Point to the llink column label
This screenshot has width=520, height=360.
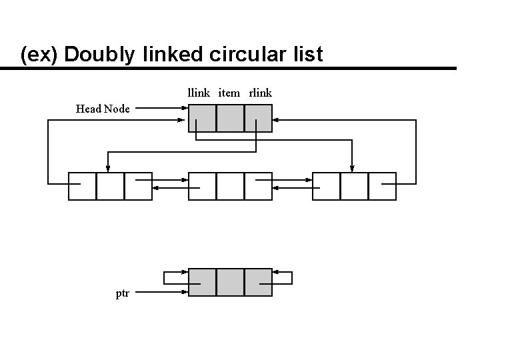click(x=199, y=93)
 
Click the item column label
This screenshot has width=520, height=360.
click(x=229, y=93)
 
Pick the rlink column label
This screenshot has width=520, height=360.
click(x=260, y=93)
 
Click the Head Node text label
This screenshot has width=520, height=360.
click(x=103, y=109)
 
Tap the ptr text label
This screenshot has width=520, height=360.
click(x=123, y=293)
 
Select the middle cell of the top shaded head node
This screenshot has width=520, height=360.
click(x=230, y=118)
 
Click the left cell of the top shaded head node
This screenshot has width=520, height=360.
click(x=203, y=118)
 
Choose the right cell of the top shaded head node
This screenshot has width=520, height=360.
click(x=258, y=118)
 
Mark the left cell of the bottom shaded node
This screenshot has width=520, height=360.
click(x=203, y=282)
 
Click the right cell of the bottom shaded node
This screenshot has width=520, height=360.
click(x=258, y=282)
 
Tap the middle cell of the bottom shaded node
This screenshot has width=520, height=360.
click(x=230, y=282)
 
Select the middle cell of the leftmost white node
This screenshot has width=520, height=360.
click(x=110, y=186)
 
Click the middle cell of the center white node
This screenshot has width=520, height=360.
click(x=230, y=186)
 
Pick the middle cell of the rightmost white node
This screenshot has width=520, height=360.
click(x=354, y=186)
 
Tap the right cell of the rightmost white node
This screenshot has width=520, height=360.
click(x=382, y=186)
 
